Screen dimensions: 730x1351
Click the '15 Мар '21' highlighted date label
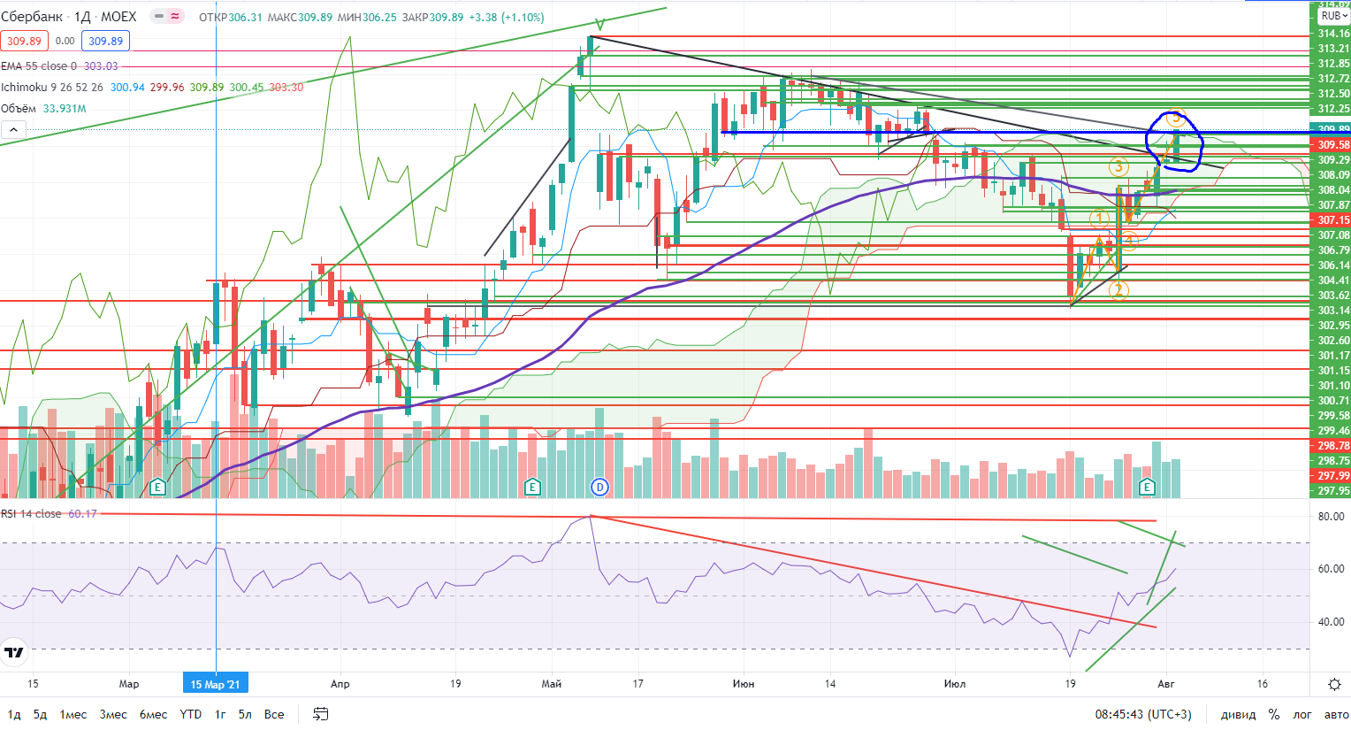[216, 684]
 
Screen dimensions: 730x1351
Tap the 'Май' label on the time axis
[552, 684]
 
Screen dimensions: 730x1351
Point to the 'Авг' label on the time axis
[1166, 684]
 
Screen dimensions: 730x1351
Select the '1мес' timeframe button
[73, 714]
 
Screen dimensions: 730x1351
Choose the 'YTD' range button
[190, 714]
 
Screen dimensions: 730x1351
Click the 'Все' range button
[274, 714]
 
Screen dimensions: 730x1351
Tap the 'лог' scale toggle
[1302, 714]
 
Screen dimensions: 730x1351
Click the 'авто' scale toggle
[1336, 714]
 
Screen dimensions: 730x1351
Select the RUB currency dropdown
[1333, 16]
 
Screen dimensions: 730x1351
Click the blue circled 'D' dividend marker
[600, 487]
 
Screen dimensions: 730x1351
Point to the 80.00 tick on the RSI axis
[1331, 517]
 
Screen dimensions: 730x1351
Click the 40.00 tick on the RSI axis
[1331, 622]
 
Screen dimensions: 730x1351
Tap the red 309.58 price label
[1333, 145]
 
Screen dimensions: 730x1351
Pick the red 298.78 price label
[1333, 446]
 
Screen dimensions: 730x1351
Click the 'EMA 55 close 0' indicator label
[39, 66]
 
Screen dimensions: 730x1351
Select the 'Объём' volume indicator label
[19, 109]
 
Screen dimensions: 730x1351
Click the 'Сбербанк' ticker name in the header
[32, 17]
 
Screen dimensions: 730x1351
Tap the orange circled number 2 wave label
[1118, 289]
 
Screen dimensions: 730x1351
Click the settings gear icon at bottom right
[1335, 684]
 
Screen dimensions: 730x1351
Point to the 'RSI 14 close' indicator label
[32, 514]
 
